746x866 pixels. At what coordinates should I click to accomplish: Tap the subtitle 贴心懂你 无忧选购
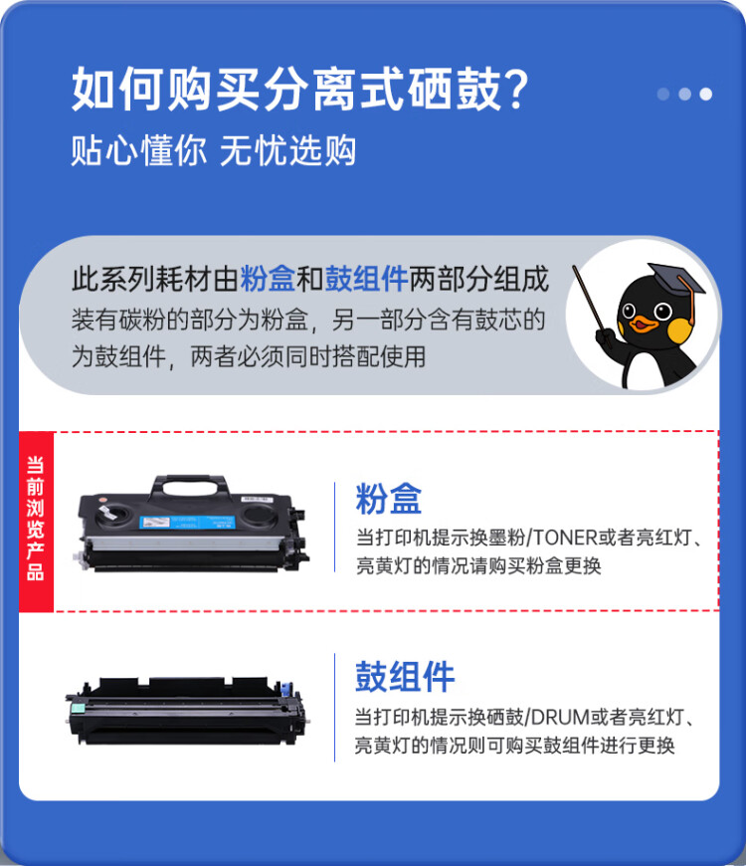pos(213,150)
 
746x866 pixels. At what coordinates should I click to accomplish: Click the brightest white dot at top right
pos(705,94)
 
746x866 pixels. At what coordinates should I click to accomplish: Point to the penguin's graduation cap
pos(671,279)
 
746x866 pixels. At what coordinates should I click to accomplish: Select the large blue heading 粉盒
pos(389,499)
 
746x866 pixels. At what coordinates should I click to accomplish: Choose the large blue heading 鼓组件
pos(405,676)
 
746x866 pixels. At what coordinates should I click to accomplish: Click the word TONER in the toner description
pos(564,539)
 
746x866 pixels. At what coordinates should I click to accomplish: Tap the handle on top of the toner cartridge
pos(189,486)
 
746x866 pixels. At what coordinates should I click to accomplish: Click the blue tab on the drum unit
pos(289,689)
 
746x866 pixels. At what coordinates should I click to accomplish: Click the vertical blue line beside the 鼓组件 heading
pos(335,707)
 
